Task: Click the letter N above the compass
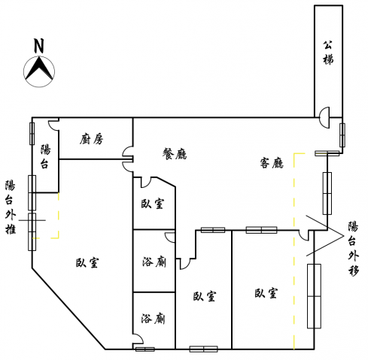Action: click(39, 46)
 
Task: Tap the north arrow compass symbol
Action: click(39, 71)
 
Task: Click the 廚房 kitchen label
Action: click(92, 139)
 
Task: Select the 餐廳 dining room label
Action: click(175, 153)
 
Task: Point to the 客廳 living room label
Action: click(272, 163)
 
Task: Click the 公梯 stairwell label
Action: click(328, 53)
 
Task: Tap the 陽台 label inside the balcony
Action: click(45, 156)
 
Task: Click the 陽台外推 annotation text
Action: click(11, 207)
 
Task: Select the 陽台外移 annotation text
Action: click(353, 249)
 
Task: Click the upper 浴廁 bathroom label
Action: click(154, 262)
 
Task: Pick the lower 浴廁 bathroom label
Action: click(153, 319)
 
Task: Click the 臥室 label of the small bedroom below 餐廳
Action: click(152, 204)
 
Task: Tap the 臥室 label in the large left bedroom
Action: click(87, 262)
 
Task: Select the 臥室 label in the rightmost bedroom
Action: click(266, 293)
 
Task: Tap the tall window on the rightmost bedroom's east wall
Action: click(314, 296)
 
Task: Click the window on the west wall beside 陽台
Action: click(32, 134)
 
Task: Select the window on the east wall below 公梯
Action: click(342, 135)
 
